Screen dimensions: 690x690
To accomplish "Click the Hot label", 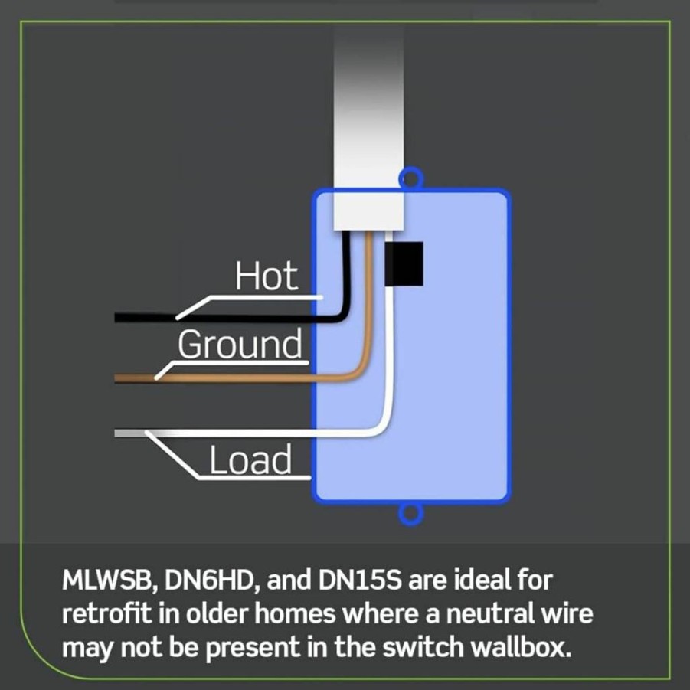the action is click(x=267, y=276).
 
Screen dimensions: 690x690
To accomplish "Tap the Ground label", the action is click(x=240, y=345).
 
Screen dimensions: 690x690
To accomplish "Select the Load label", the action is click(x=250, y=459).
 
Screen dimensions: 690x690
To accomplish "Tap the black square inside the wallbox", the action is click(x=404, y=263).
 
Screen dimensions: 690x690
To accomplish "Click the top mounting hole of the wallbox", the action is click(x=410, y=179).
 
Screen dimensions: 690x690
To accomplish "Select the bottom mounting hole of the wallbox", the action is click(x=410, y=513).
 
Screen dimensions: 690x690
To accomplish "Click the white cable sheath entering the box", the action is click(x=368, y=128).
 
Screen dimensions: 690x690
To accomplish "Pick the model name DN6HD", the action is click(x=213, y=580).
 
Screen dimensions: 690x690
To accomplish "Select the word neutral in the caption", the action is click(x=486, y=614).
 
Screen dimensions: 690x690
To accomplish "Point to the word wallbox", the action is click(x=521, y=647).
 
